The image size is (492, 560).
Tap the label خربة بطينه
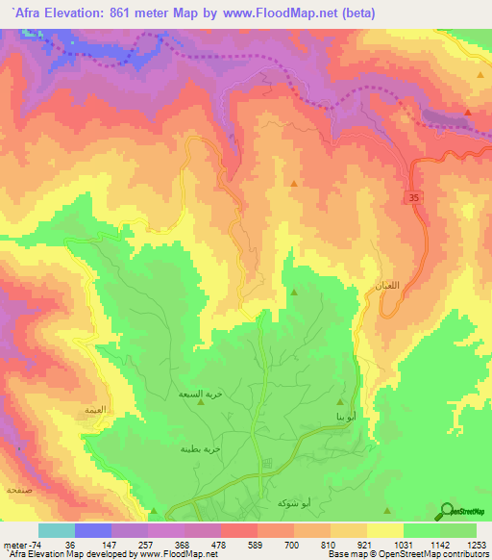pyautogui.click(x=200, y=448)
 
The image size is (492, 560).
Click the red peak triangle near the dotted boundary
pyautogui.click(x=467, y=112)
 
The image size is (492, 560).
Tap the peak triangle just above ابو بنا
pyautogui.click(x=340, y=402)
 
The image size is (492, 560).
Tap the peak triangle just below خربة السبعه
pyautogui.click(x=200, y=404)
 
